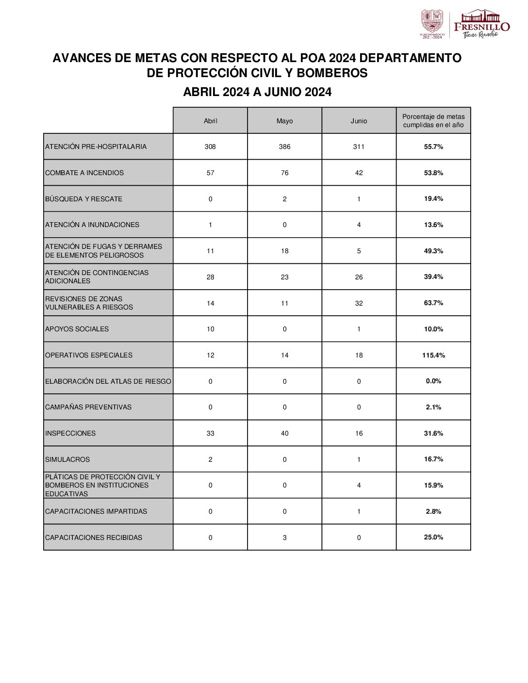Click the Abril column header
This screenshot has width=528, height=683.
(210, 121)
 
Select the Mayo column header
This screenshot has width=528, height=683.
(284, 121)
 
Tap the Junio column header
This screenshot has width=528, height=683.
(359, 121)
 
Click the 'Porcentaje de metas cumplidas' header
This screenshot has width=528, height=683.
(433, 121)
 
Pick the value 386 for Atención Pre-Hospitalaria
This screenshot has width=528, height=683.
(284, 146)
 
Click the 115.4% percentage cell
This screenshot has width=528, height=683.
(433, 355)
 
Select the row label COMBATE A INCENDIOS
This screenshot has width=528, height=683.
(84, 173)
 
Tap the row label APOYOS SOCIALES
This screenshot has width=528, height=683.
(77, 329)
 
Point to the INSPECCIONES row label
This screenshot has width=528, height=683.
(70, 433)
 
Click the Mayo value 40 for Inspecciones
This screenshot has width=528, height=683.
(284, 433)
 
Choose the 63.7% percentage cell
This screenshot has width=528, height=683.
(433, 303)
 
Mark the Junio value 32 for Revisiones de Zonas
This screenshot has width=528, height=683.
(359, 303)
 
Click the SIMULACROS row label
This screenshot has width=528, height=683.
(67, 459)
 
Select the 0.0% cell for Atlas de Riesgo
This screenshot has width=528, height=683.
(433, 381)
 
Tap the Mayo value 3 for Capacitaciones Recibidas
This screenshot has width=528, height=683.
(284, 537)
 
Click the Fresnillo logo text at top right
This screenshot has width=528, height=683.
(481, 26)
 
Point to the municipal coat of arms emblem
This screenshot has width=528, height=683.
(431, 22)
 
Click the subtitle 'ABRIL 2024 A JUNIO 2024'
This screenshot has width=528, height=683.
(257, 92)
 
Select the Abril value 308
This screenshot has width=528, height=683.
(210, 146)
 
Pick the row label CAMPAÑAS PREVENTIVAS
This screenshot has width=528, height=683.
(88, 407)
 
